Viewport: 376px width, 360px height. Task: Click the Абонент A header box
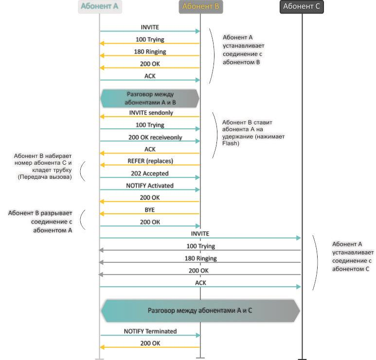[x=100, y=7]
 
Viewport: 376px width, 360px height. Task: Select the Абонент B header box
[x=200, y=7]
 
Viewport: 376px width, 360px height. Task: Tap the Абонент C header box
[x=302, y=7]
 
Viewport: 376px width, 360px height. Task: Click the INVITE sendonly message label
[x=151, y=113]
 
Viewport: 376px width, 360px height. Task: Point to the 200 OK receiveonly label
[x=155, y=137]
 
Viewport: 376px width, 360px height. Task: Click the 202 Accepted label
[x=150, y=173]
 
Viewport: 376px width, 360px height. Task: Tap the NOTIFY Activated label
[x=149, y=186]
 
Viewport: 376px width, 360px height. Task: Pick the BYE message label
[x=149, y=209]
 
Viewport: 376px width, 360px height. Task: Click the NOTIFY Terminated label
[x=150, y=331]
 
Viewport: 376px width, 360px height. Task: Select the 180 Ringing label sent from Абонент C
[x=200, y=258]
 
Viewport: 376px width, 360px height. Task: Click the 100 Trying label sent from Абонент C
[x=200, y=246]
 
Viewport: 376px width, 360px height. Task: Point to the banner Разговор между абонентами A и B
[x=150, y=98]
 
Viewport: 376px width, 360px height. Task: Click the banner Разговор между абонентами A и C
[x=200, y=310]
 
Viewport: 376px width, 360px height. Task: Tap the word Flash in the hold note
[x=230, y=144]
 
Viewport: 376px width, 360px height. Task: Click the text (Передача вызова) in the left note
[x=44, y=177]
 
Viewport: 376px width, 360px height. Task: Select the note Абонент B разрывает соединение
[x=40, y=222]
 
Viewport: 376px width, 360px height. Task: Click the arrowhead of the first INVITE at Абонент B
[x=197, y=31]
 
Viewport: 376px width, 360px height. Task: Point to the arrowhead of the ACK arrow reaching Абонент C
[x=298, y=287]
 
